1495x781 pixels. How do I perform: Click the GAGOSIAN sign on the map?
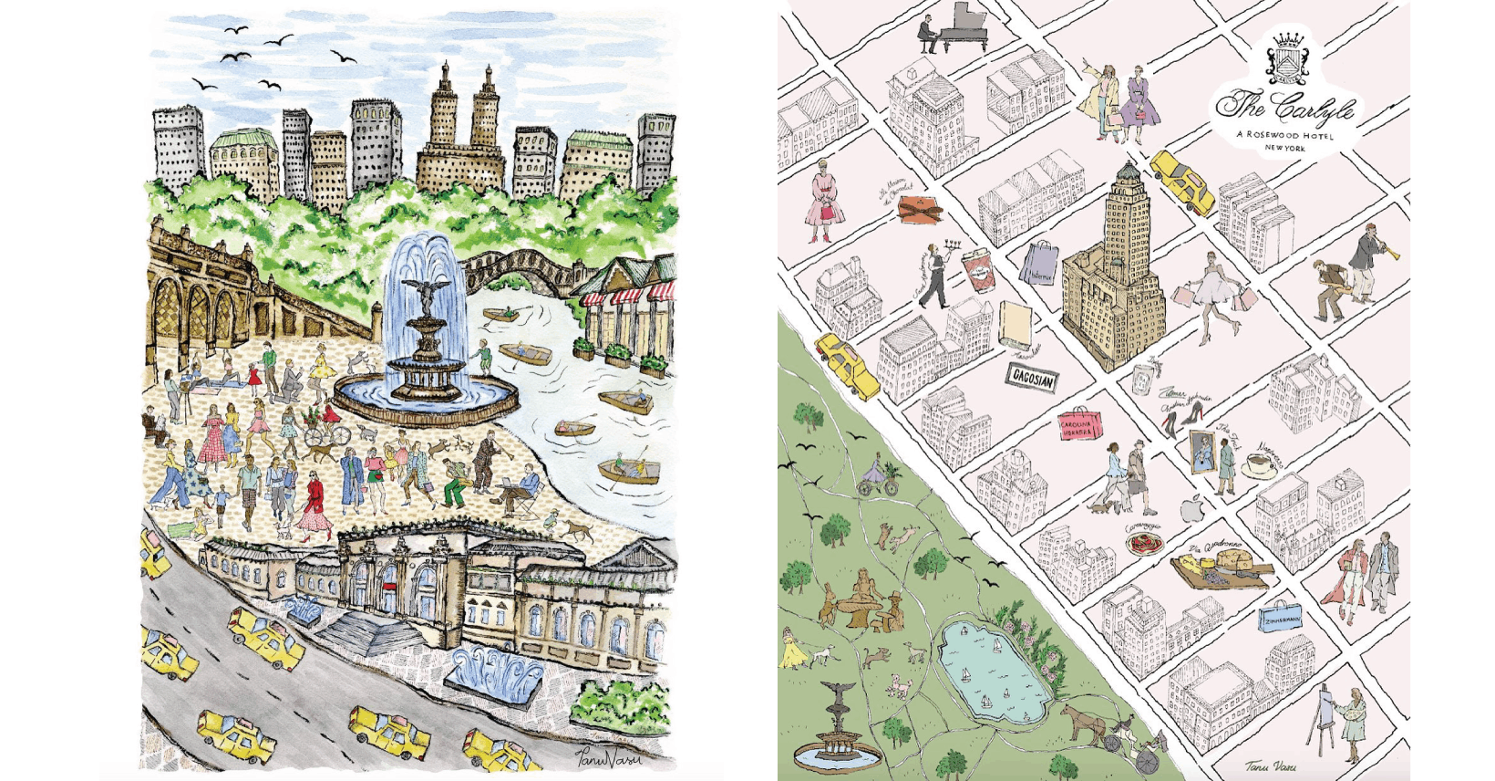(x=1034, y=377)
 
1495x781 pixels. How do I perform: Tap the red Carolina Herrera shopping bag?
(x=1078, y=425)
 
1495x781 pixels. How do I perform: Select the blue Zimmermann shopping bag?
(x=1281, y=618)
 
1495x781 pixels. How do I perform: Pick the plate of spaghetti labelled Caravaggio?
(x=1143, y=545)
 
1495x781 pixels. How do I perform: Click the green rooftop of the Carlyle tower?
(x=1129, y=171)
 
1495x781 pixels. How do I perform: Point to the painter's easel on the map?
(x=1318, y=721)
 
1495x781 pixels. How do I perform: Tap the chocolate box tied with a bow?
(x=920, y=209)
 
